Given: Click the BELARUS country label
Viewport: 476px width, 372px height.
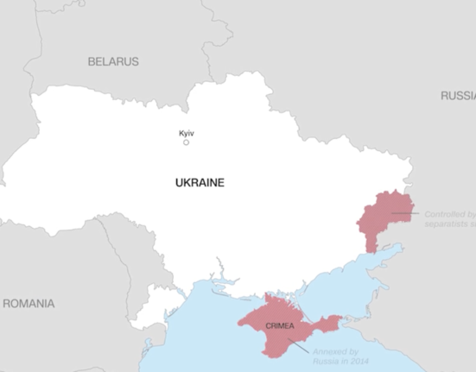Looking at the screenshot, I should (113, 62).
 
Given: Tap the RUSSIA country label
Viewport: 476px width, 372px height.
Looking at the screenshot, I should (457, 96).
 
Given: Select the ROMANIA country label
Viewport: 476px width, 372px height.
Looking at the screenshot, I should (29, 304).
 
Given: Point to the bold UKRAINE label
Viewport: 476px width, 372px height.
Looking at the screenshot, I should (200, 183).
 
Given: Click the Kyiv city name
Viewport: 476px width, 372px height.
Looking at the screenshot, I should (186, 133).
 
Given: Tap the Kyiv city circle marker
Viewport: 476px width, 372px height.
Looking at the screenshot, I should (186, 142).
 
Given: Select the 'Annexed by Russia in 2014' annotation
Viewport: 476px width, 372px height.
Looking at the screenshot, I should (338, 356).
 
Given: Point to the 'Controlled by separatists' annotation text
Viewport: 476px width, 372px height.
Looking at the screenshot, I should (449, 218).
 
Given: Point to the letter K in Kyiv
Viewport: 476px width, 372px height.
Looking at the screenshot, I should (181, 133).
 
